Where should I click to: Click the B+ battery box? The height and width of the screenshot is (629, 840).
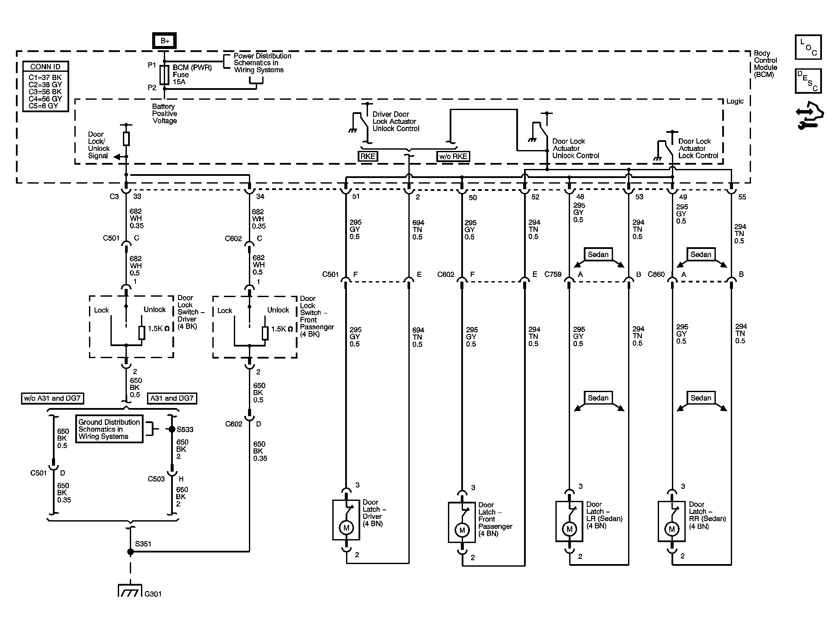click(x=164, y=41)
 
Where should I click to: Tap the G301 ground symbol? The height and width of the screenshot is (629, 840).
click(x=130, y=591)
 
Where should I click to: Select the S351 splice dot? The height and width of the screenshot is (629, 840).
click(x=130, y=552)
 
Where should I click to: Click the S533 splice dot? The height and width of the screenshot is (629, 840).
click(x=172, y=429)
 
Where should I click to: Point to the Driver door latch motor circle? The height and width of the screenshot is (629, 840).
click(x=346, y=528)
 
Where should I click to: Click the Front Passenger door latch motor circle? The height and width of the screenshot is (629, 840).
click(x=462, y=530)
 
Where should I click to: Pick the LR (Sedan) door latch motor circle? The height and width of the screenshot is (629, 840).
click(x=570, y=529)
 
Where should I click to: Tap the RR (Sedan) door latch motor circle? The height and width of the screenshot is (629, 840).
click(x=672, y=529)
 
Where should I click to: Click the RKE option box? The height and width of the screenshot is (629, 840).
click(x=368, y=156)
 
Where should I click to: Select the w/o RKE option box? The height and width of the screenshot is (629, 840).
click(x=453, y=156)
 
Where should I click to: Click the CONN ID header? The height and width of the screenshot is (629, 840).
click(x=46, y=67)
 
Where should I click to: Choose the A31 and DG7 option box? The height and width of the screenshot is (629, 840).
click(x=172, y=398)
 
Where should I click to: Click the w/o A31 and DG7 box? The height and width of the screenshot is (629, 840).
click(x=52, y=398)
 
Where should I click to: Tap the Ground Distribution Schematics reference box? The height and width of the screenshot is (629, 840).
click(x=109, y=429)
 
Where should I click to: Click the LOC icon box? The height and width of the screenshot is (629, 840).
click(x=808, y=47)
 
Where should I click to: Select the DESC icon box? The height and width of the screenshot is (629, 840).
click(x=808, y=81)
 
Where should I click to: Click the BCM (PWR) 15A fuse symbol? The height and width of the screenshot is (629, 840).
click(x=164, y=75)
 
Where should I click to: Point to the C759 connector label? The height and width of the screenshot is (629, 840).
click(x=553, y=274)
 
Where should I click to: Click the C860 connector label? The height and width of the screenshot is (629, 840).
click(x=656, y=274)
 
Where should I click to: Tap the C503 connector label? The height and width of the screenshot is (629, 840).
click(x=156, y=479)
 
